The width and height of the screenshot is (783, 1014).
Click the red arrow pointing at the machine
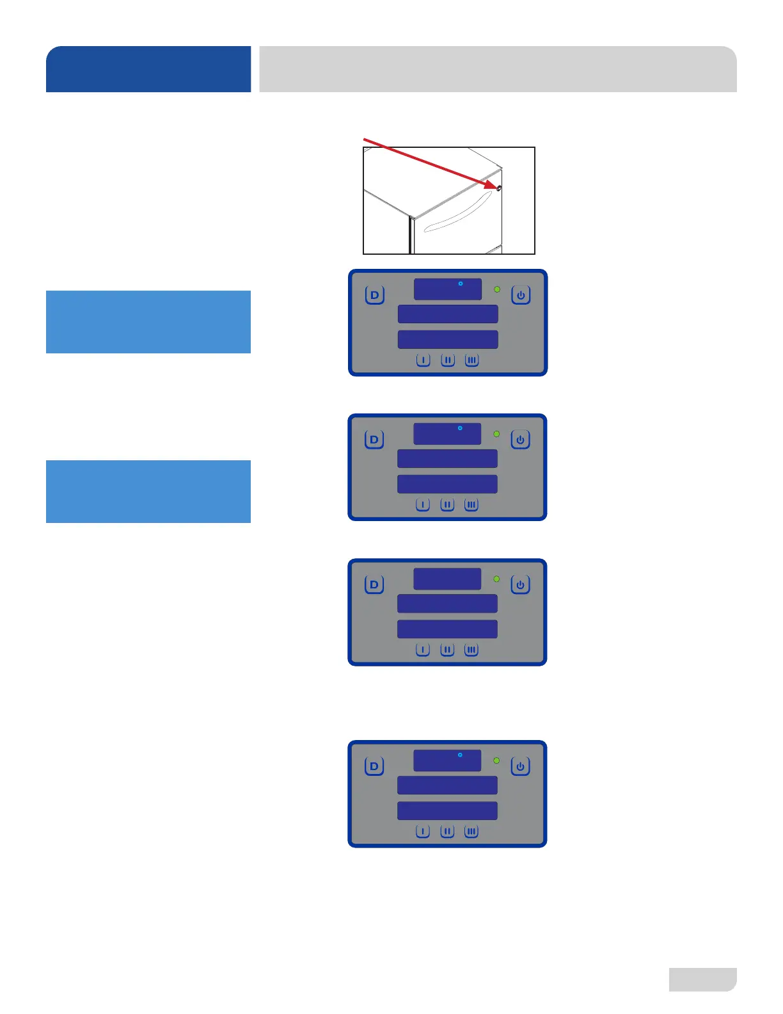tap(429, 163)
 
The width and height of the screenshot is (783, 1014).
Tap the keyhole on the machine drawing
tap(498, 188)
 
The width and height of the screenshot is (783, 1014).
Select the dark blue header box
tap(148, 69)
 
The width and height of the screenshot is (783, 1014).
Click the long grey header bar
tap(498, 69)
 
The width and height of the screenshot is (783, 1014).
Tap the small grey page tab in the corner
tap(702, 979)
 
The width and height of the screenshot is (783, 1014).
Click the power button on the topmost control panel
tap(521, 295)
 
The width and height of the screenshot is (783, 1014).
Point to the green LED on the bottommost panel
tap(496, 760)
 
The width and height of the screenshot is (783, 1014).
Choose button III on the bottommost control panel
tap(471, 832)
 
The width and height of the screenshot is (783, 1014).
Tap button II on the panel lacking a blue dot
tap(447, 650)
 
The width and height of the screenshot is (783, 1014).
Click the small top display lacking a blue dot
tap(447, 579)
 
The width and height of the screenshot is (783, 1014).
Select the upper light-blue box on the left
tap(148, 322)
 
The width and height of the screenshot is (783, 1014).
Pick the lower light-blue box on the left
tap(148, 492)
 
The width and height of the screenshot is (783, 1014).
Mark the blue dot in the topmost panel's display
tap(461, 283)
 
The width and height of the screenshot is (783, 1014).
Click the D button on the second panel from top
tap(374, 440)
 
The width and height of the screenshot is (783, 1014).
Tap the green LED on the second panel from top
tap(496, 434)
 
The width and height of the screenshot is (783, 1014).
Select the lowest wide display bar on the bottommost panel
tap(447, 811)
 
